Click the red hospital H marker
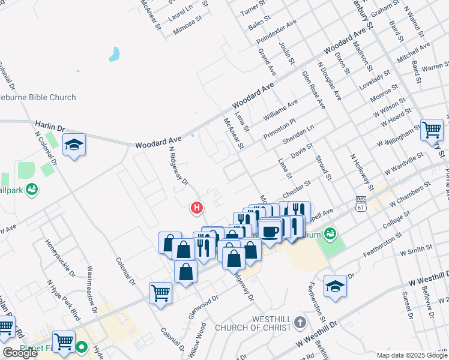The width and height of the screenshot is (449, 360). [196, 208]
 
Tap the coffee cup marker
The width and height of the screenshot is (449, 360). [270, 230]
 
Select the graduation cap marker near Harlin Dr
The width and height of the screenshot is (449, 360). [74, 145]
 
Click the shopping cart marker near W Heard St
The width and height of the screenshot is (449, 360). [432, 129]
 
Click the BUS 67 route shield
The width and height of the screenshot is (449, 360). [360, 203]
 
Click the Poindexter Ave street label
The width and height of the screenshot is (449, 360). [276, 32]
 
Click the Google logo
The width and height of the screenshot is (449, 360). [19, 353]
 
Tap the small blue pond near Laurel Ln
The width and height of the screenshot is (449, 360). [113, 55]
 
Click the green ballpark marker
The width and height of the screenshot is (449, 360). [32, 190]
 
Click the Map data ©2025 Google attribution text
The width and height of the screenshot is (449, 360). [411, 355]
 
